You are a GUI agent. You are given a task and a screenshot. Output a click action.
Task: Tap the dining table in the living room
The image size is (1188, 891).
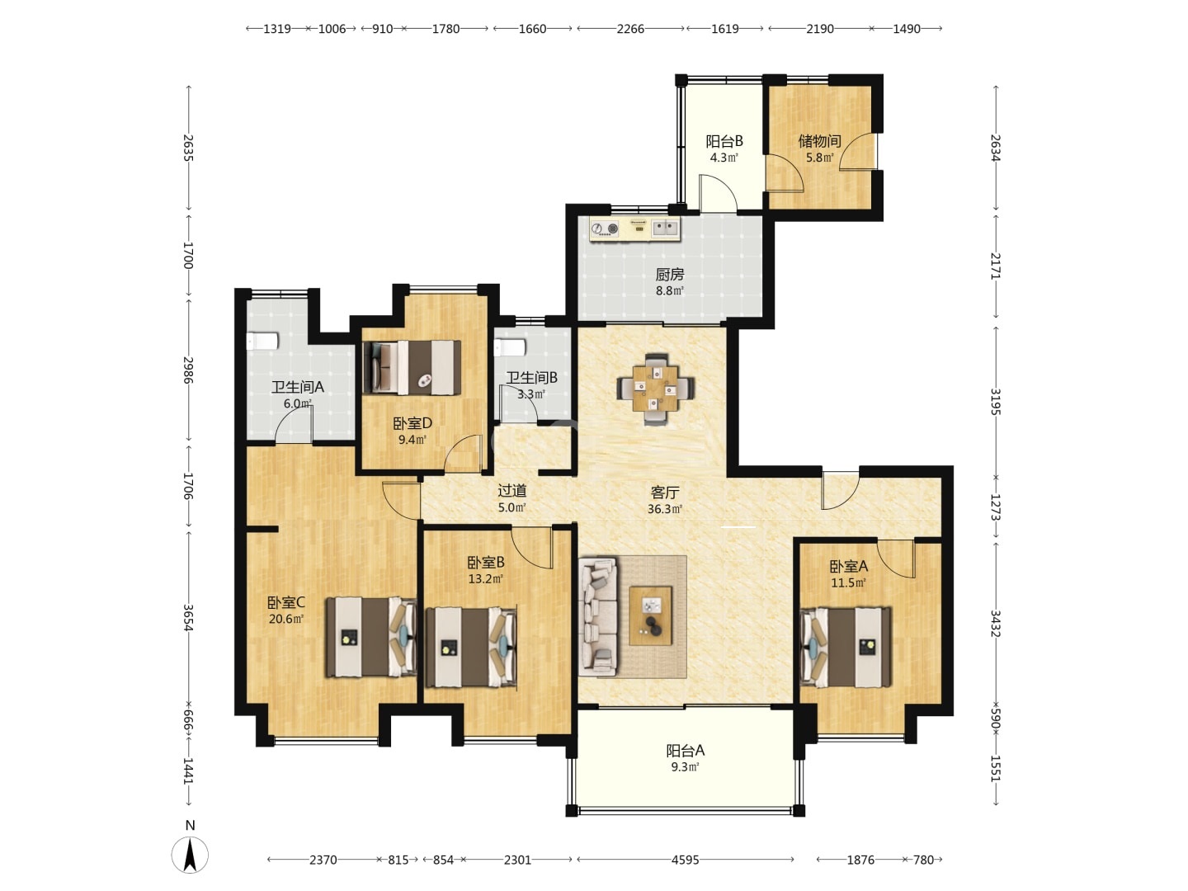pos(655,389)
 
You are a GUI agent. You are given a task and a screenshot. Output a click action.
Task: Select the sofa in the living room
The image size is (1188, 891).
pos(598,616)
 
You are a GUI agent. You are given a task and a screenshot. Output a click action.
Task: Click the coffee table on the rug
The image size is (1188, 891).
pos(650,615)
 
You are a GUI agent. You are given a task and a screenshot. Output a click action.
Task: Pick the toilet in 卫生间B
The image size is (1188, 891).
pos(509,347)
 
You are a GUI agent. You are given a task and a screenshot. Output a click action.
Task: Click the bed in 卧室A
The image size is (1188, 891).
pos(846,647)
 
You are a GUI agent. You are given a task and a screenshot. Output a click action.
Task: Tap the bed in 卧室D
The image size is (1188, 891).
pos(412,367)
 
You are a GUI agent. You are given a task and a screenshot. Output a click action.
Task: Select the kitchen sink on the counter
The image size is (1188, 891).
pos(665,228)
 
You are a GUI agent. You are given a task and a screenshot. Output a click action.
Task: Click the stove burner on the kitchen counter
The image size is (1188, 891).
pos(605,229)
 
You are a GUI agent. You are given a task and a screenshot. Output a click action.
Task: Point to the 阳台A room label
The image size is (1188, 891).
pos(686,751)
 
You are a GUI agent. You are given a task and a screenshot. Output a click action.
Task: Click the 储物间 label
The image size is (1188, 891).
pos(819,141)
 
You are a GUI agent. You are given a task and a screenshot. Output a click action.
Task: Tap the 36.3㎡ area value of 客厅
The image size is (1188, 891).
pos(665,509)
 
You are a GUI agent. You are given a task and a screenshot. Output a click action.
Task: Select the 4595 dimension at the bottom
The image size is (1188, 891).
pos(686,860)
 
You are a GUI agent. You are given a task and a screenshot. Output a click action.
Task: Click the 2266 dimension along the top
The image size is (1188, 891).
pos(630,29)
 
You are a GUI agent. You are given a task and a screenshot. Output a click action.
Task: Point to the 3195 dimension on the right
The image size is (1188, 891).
pos(995,402)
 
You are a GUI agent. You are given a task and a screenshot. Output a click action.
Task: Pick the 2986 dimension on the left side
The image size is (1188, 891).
pos(188,370)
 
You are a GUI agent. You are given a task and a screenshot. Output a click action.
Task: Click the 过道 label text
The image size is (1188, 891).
pos(512,491)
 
